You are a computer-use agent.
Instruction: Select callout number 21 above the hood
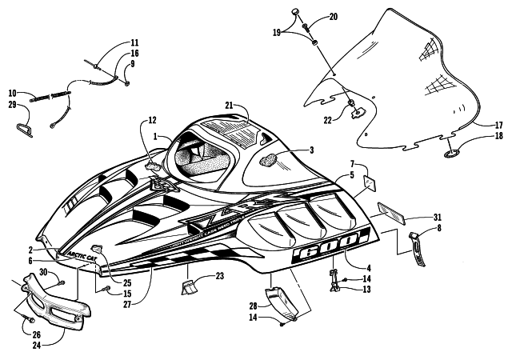(x=229, y=106)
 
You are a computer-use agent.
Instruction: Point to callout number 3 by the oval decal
(x=311, y=150)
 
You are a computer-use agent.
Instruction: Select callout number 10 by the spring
(x=14, y=93)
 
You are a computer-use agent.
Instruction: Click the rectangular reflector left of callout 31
(x=391, y=210)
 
